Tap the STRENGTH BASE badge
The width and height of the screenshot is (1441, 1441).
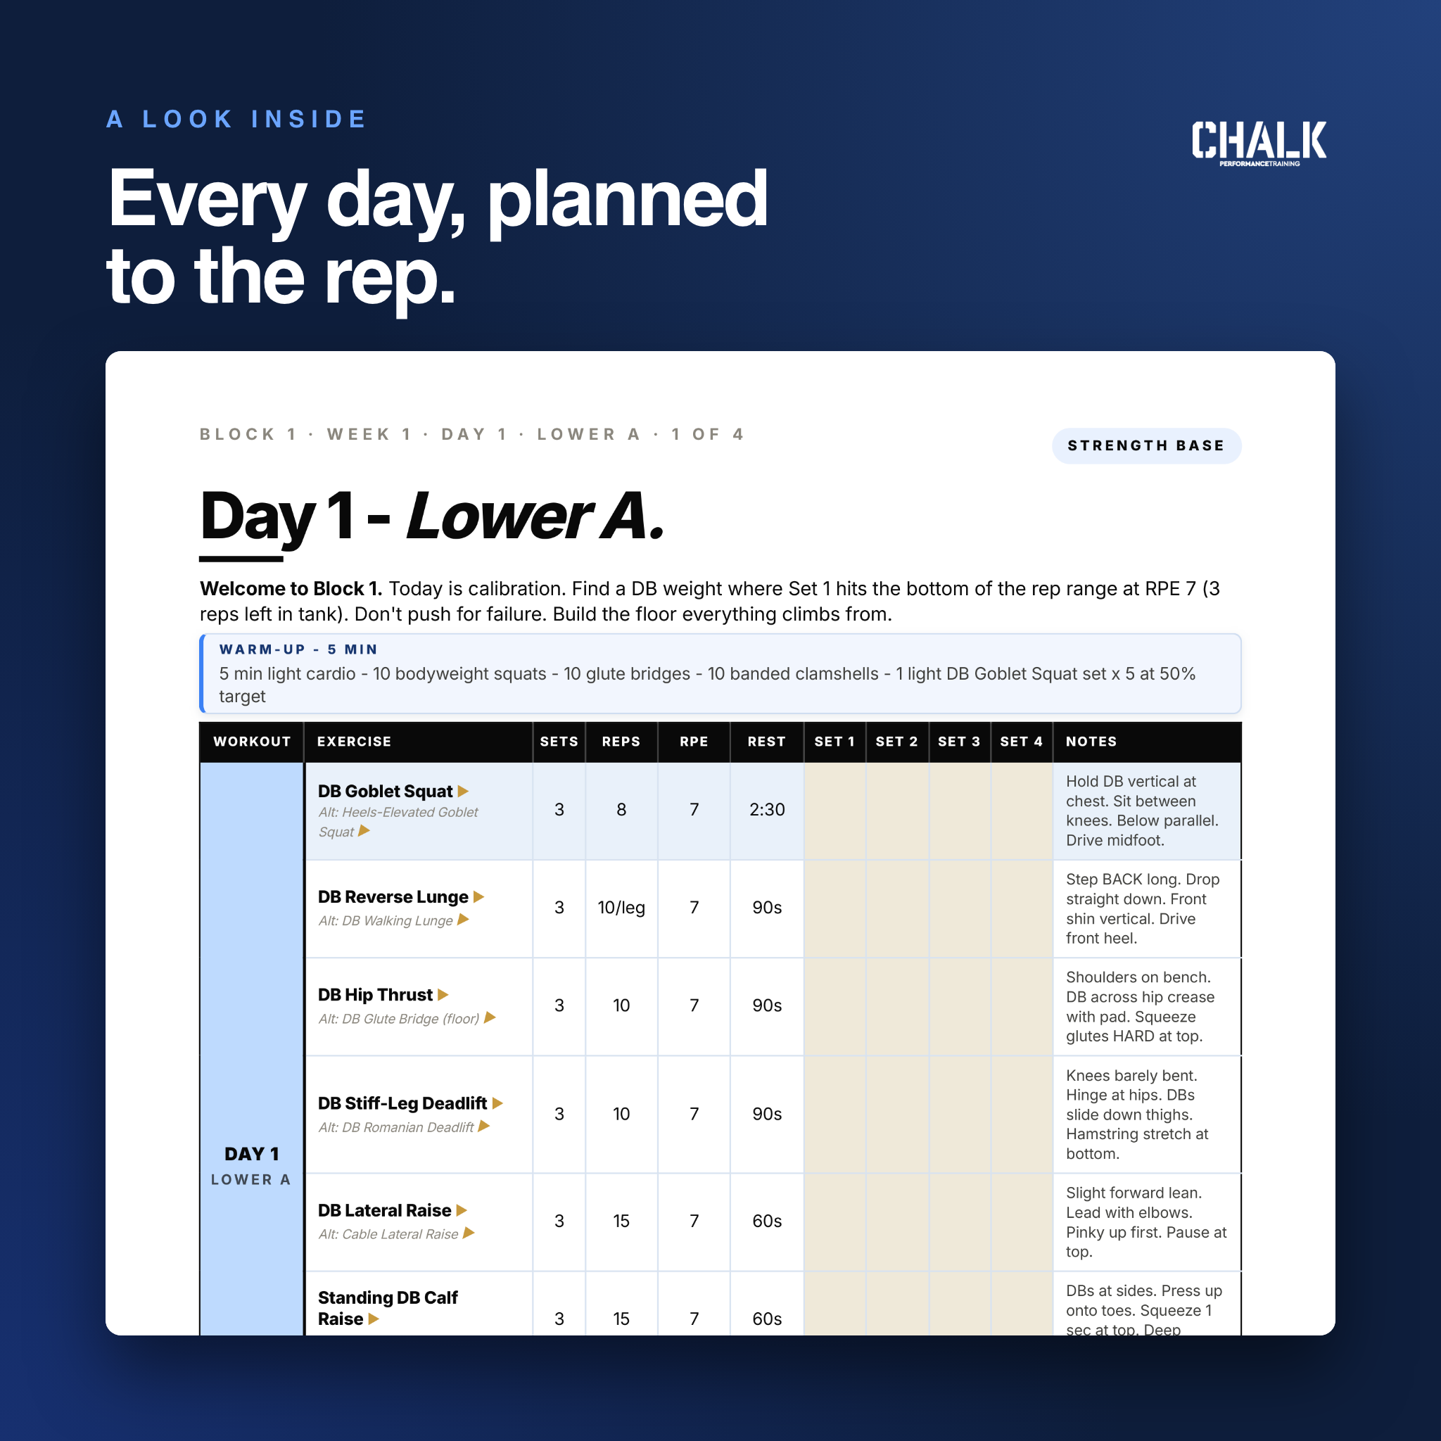click(1146, 446)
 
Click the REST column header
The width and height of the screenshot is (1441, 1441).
click(767, 742)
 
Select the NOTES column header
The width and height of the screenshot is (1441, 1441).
click(1091, 742)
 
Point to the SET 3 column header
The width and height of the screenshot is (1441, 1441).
click(959, 742)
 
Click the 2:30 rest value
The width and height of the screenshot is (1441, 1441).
click(767, 810)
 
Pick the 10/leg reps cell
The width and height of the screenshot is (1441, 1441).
click(621, 908)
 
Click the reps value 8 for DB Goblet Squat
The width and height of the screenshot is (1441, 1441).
click(621, 810)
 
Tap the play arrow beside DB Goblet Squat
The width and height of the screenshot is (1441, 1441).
click(463, 792)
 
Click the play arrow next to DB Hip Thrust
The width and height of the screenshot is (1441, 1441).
click(443, 995)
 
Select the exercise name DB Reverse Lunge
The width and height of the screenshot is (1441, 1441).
click(393, 897)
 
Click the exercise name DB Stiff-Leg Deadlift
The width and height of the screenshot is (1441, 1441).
click(402, 1103)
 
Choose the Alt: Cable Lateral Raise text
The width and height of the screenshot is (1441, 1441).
click(388, 1234)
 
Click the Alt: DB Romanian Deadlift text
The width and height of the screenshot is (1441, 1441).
click(396, 1127)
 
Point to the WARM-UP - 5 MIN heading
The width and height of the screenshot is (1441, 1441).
click(298, 649)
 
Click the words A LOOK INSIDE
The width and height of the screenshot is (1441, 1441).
click(236, 120)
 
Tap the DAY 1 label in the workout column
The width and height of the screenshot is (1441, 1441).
click(251, 1154)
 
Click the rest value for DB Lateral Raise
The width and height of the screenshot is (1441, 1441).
click(767, 1221)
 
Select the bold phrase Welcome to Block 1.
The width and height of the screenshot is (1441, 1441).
click(291, 588)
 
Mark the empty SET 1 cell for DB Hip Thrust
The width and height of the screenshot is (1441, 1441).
click(834, 1006)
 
